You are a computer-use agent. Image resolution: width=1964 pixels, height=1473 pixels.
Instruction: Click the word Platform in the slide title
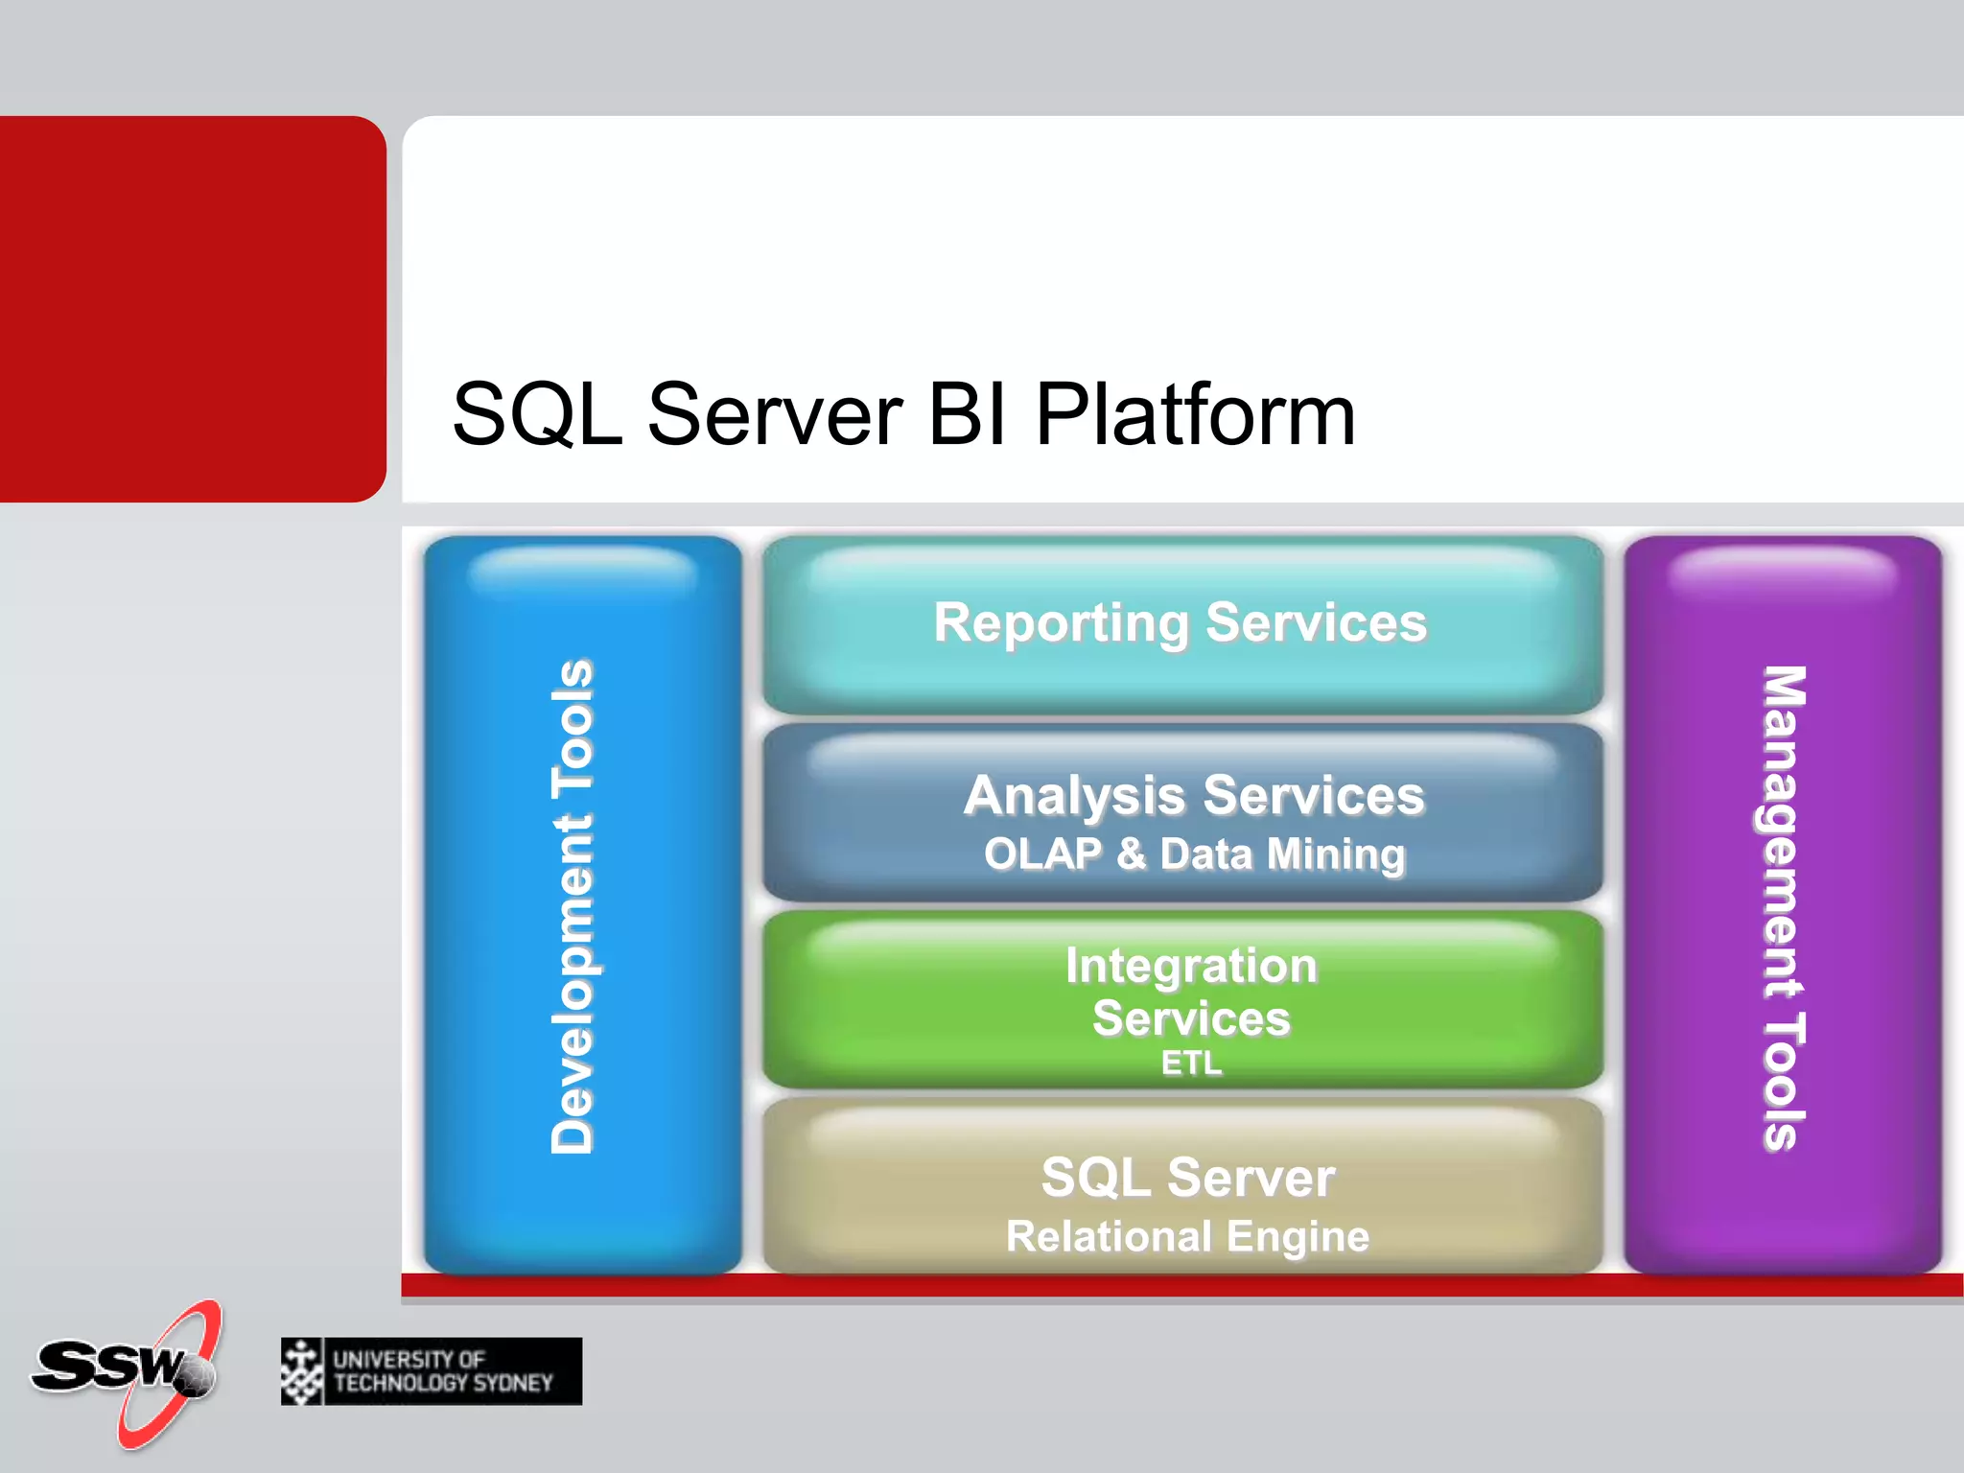(x=1195, y=414)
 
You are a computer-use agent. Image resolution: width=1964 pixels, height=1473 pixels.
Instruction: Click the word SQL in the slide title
(x=538, y=414)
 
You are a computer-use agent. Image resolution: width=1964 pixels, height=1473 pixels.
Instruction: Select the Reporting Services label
(x=1180, y=622)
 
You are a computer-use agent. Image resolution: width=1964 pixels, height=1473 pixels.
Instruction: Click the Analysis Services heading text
(x=1194, y=795)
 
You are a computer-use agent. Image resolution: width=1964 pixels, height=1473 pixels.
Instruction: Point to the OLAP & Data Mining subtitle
(x=1194, y=853)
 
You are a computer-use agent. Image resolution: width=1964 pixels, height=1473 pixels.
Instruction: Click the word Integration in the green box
(x=1191, y=966)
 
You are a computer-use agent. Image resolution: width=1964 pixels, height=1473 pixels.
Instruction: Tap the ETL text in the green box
(x=1191, y=1063)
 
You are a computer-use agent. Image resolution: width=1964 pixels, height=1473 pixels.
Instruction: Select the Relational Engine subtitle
(x=1187, y=1236)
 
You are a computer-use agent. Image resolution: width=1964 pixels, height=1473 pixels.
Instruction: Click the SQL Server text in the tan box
(x=1187, y=1177)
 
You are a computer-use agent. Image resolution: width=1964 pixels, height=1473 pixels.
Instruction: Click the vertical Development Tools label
(x=573, y=906)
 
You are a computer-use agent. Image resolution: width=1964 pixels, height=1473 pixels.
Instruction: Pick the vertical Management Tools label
(x=1784, y=906)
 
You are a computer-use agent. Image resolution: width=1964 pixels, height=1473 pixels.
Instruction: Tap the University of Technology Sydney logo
(x=432, y=1371)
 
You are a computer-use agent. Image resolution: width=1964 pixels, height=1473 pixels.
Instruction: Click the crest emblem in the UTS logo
(x=302, y=1371)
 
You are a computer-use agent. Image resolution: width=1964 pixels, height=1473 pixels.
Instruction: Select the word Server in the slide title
(x=775, y=414)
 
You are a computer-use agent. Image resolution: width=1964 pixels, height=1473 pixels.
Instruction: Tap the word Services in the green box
(x=1191, y=1018)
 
